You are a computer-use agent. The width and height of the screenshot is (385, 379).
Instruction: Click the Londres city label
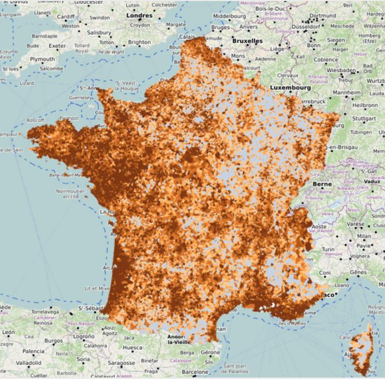click(140, 16)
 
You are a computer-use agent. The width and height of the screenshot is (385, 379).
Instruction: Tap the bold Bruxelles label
click(247, 40)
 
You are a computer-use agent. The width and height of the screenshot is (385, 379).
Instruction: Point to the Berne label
click(321, 184)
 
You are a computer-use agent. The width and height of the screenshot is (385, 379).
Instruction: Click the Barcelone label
click(195, 372)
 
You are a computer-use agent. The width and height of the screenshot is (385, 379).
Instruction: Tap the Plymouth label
click(42, 60)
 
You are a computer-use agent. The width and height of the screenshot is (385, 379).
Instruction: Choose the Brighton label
click(139, 42)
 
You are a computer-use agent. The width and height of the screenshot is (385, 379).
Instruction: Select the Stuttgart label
click(365, 118)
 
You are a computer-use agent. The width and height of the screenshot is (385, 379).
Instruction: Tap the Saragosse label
click(121, 363)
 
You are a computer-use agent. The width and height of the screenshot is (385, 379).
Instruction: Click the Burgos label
click(53, 341)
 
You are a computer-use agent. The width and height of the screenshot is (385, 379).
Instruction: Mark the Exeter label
click(57, 46)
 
